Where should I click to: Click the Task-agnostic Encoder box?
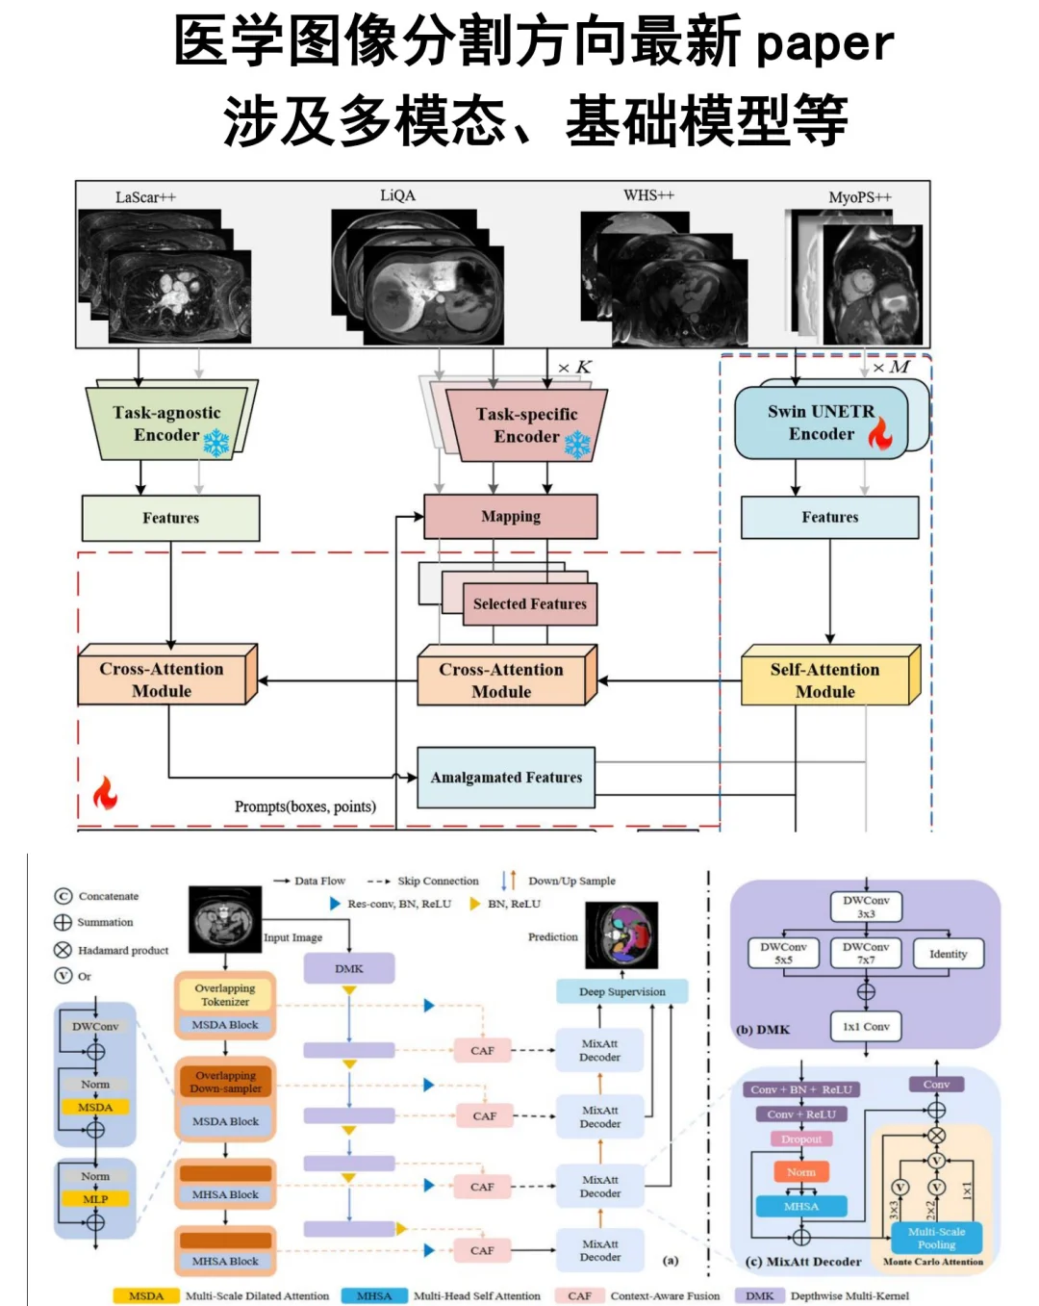(165, 424)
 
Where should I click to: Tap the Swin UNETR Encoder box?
(821, 423)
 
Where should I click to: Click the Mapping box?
(510, 517)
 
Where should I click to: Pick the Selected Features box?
(529, 603)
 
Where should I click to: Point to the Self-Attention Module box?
(824, 679)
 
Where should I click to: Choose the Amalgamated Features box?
(506, 778)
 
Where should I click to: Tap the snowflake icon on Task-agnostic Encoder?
(216, 442)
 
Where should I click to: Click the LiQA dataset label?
(397, 195)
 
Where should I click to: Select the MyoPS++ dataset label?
(860, 196)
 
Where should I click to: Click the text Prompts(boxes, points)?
(305, 807)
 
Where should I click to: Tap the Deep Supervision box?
(621, 991)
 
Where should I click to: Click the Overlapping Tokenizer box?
(225, 994)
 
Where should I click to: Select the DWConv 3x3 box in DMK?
(866, 907)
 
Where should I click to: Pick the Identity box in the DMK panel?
(948, 954)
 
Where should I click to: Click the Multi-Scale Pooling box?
(936, 1238)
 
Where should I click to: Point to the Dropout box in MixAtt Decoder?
(801, 1139)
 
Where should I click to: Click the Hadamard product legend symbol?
(63, 950)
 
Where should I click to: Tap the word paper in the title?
(824, 44)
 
